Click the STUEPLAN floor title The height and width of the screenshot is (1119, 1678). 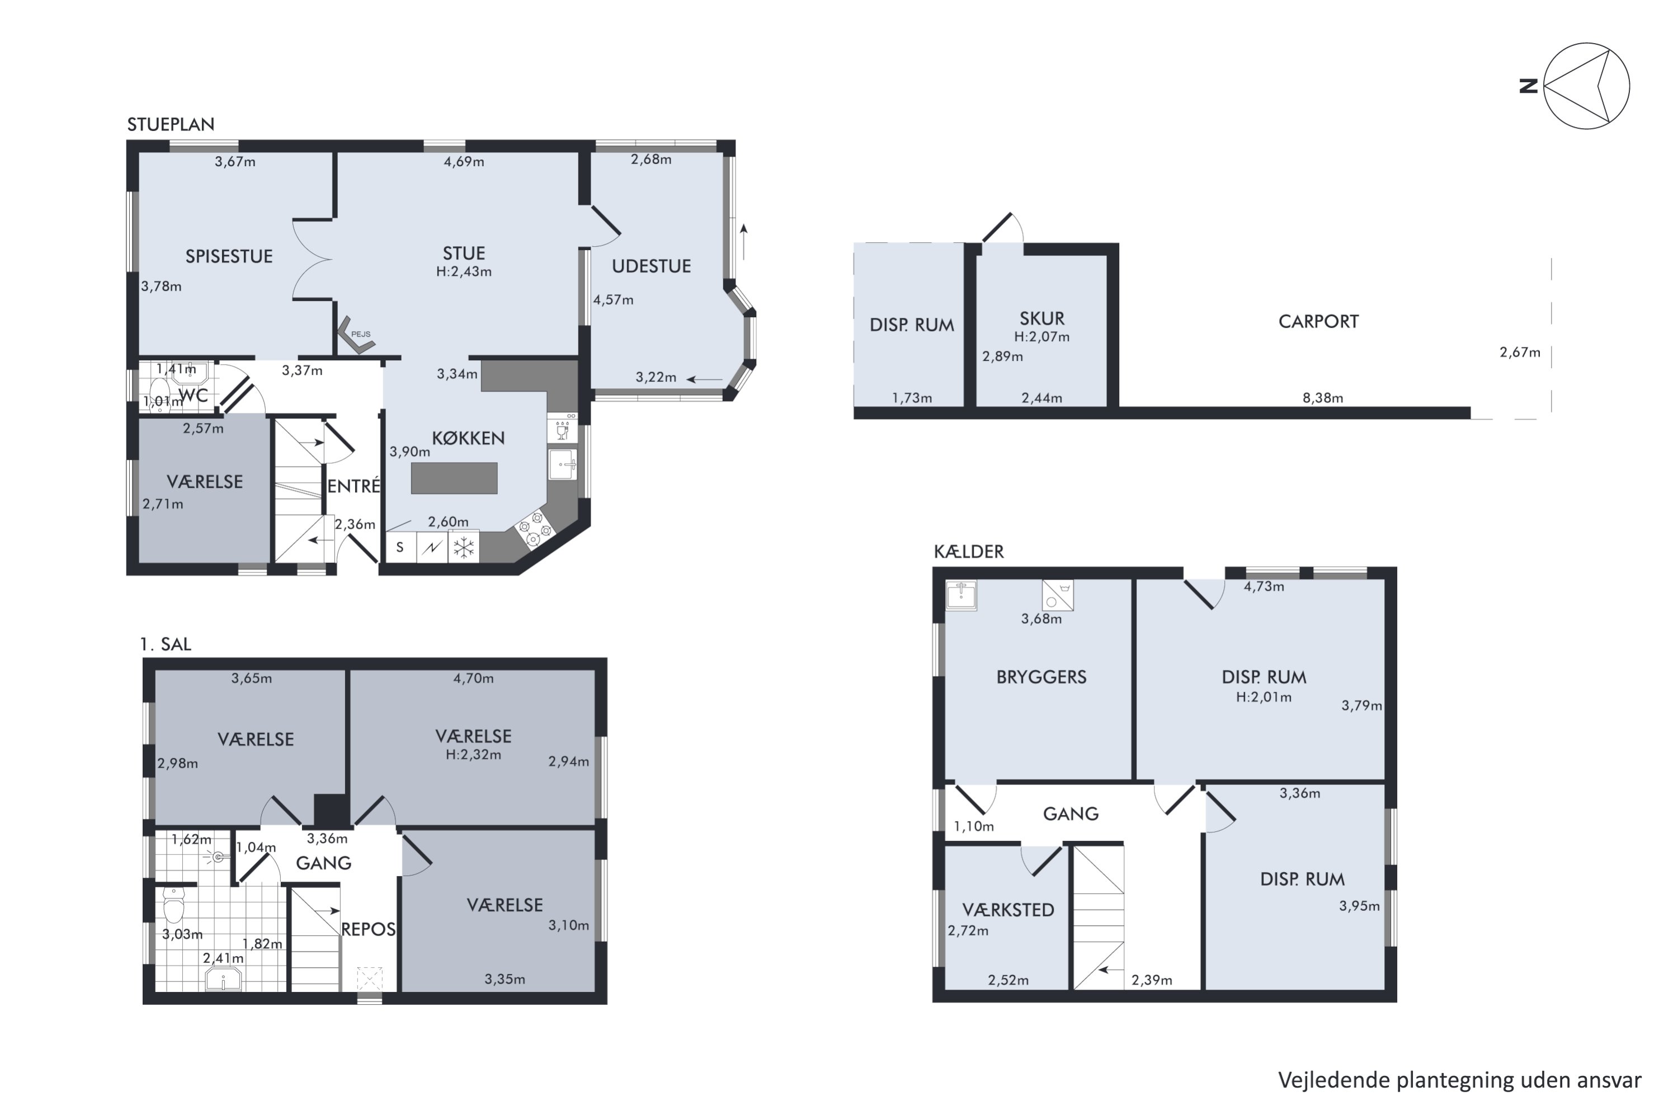tap(171, 125)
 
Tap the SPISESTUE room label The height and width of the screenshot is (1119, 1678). tap(229, 257)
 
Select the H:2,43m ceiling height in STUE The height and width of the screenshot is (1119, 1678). tap(464, 272)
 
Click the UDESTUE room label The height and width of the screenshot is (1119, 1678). tap(652, 267)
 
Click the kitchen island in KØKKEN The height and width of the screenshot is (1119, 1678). tap(454, 478)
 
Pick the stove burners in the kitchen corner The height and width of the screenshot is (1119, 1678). tap(534, 528)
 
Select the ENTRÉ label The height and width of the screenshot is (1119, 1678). tap(354, 487)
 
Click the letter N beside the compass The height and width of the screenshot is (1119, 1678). tap(1528, 86)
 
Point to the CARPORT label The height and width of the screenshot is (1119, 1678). tap(1318, 322)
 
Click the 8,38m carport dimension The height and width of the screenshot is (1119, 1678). tap(1323, 398)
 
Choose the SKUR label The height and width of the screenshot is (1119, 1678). tap(1041, 319)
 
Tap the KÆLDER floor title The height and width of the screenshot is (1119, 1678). tap(969, 552)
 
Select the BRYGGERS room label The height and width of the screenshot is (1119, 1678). tap(1041, 677)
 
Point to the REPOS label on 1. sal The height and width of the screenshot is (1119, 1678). tap(368, 930)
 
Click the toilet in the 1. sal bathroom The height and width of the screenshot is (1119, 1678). tap(173, 905)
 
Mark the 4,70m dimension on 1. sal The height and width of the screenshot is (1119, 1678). tap(474, 679)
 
